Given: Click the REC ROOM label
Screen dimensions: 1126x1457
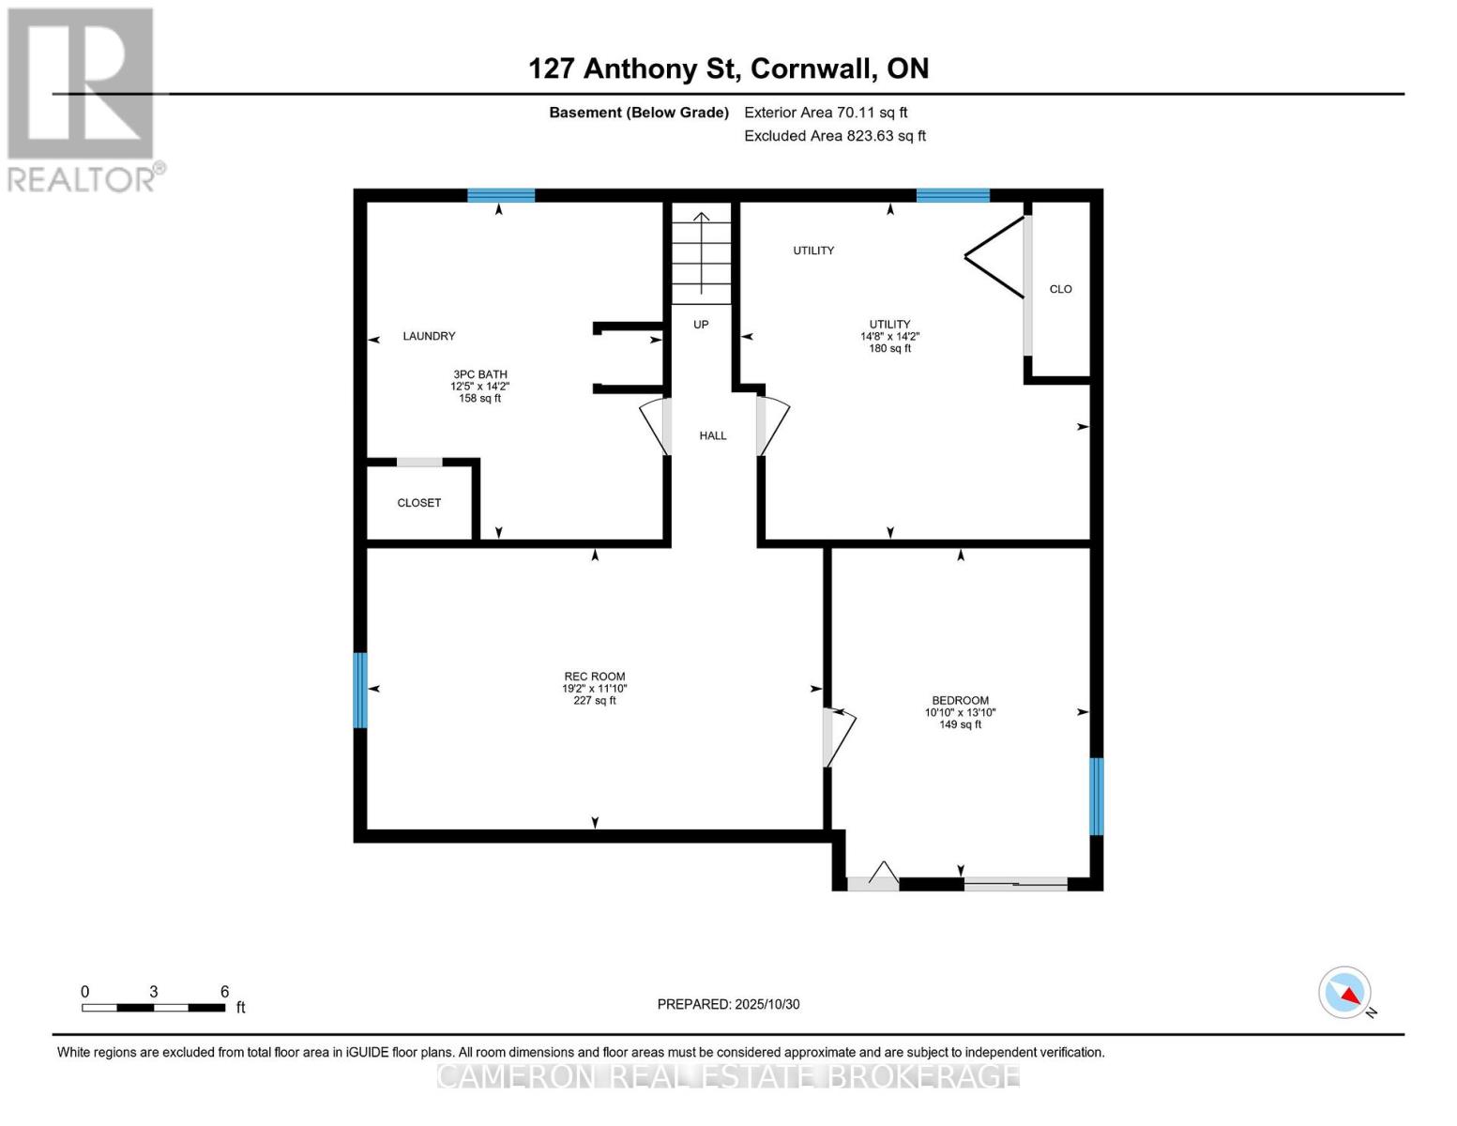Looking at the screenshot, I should (x=594, y=677).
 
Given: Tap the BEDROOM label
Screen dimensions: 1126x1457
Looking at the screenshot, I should (x=960, y=700).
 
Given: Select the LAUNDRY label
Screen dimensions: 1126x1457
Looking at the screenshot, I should (x=429, y=336).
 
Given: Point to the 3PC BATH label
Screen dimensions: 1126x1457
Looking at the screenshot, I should (x=479, y=374).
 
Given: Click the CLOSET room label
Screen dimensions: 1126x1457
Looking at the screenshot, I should (x=418, y=503).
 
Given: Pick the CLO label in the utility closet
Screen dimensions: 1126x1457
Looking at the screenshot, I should (x=1060, y=289).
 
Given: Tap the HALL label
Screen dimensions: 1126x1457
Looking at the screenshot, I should (x=712, y=435).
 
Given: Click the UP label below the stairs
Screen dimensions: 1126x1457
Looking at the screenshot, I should (x=701, y=325).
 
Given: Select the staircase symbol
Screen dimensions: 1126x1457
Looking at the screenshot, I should (x=701, y=253).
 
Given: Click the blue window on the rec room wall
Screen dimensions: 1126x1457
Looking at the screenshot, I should (x=359, y=690).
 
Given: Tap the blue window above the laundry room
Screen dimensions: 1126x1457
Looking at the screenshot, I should (x=501, y=195).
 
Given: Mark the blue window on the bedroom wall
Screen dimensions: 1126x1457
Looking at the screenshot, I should (x=1096, y=796).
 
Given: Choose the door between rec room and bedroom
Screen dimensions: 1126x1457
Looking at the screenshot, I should (x=837, y=738).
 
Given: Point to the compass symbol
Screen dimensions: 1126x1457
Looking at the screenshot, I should (x=1344, y=993).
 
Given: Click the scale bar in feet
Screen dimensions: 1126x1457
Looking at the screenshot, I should (x=154, y=1008).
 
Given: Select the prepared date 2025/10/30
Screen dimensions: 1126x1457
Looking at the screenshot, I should (x=728, y=1004).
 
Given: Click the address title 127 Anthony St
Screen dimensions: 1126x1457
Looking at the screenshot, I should (x=728, y=68).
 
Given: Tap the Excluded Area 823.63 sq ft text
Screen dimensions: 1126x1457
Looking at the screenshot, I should (x=834, y=136).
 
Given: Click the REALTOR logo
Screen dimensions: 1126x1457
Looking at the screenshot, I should (x=83, y=99).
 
